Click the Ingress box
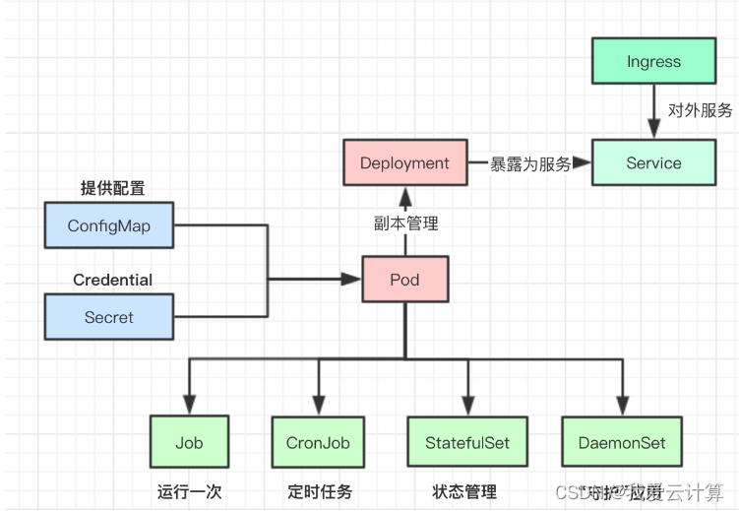coord(653,61)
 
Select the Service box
coord(653,163)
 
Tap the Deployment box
coord(404,163)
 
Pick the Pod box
coord(404,280)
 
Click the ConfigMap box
coord(109,225)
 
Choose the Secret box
coord(109,317)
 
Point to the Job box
coord(189,442)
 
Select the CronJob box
coord(318,442)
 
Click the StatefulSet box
coord(467,442)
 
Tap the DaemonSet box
coord(621,442)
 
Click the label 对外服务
coord(700,111)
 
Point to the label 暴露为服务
coord(531,164)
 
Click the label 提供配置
coord(113,187)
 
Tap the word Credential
coord(112,280)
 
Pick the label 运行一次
coord(189,491)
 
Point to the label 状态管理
coord(464,491)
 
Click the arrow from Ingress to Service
coord(653,110)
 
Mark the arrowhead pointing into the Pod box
coord(354,280)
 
